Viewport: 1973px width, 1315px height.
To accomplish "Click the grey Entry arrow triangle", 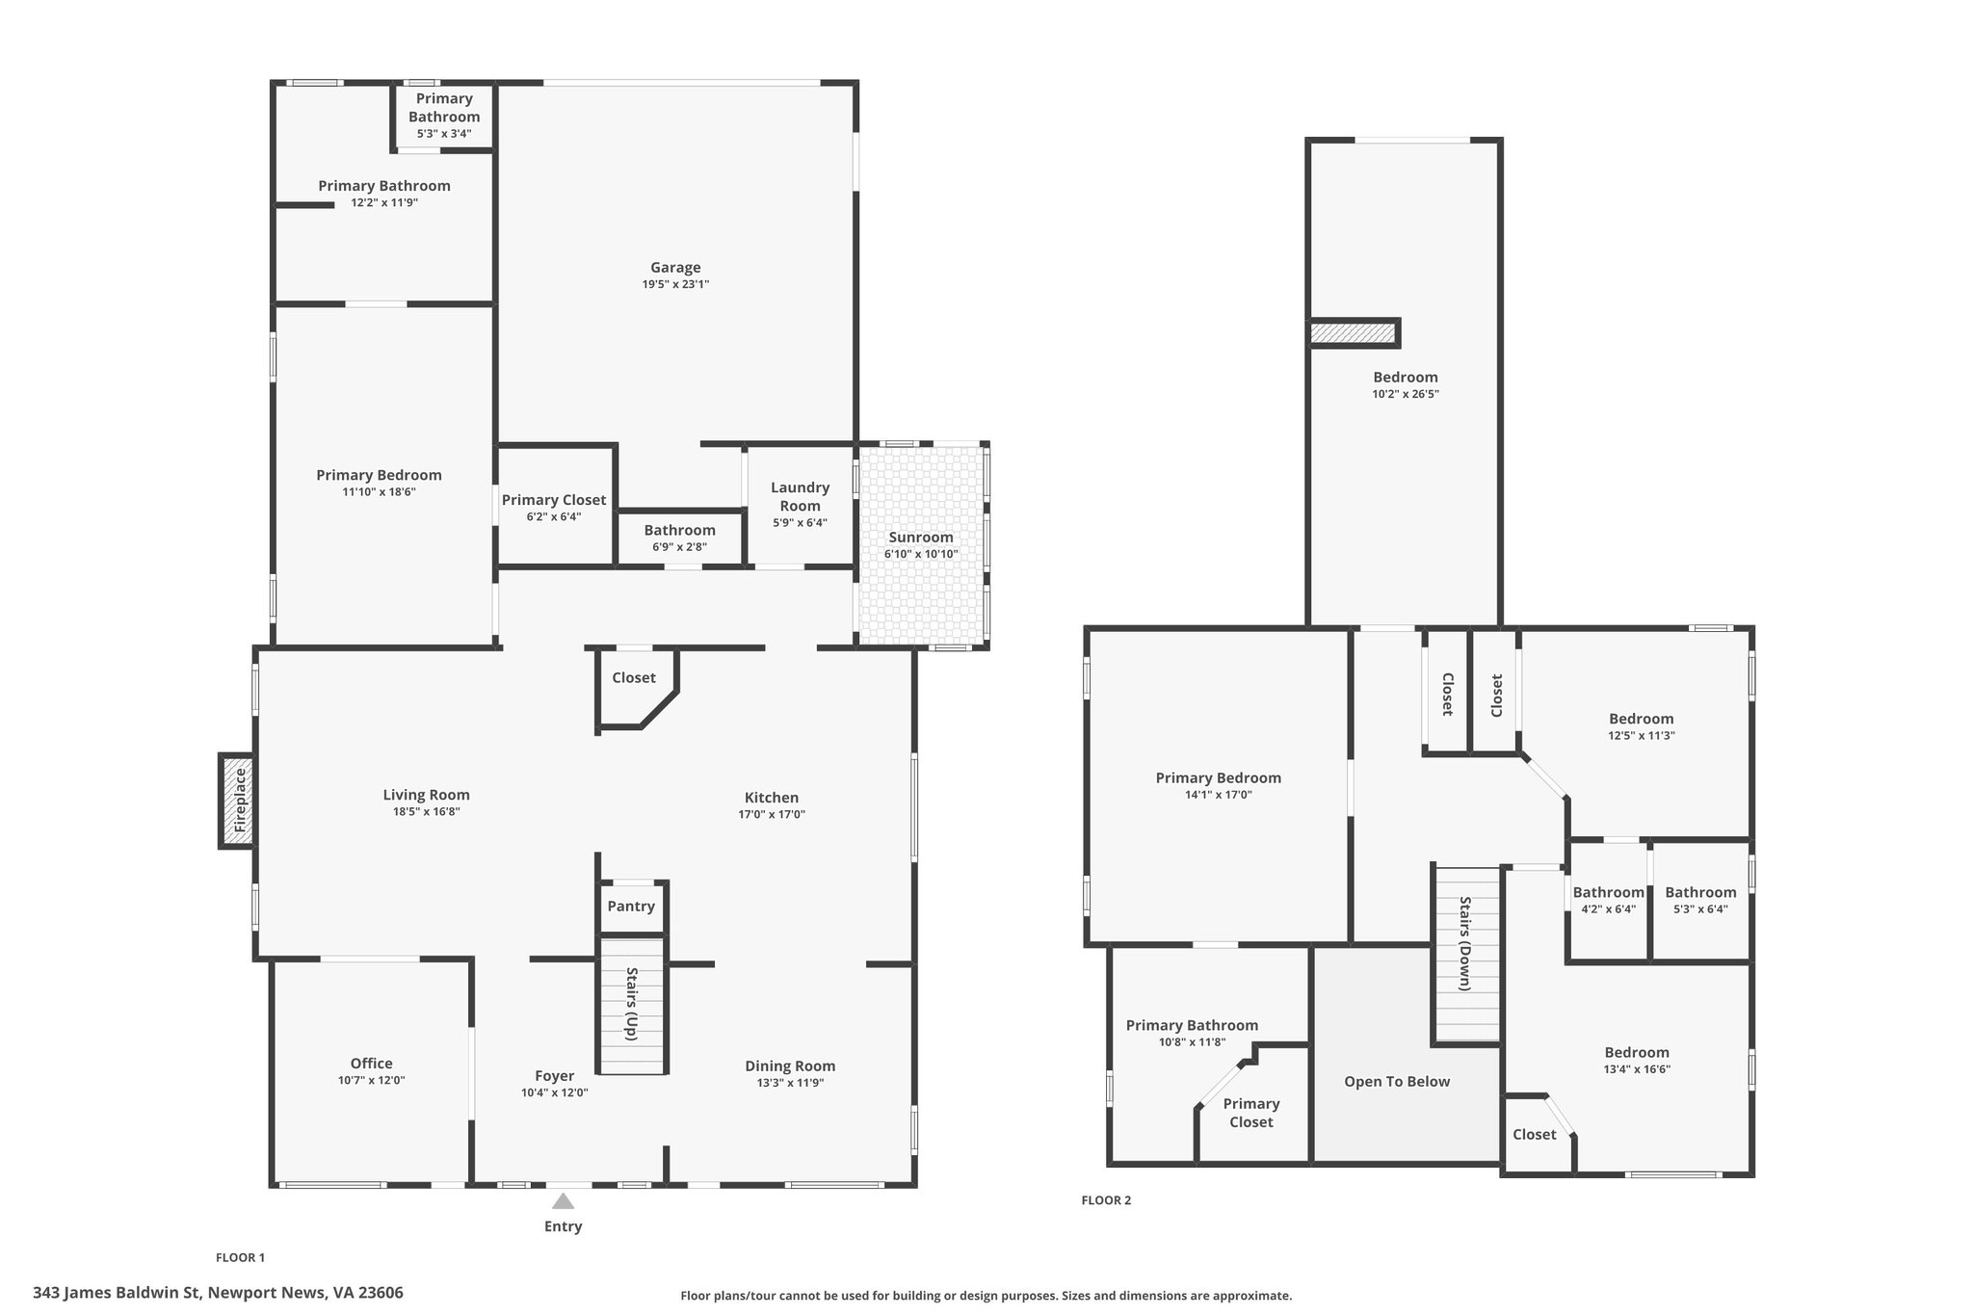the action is tap(564, 1200).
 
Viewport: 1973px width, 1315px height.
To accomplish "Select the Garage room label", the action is tap(675, 268).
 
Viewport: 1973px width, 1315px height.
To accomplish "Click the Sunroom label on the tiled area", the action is tap(921, 538).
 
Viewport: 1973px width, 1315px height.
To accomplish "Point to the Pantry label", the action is tap(631, 906).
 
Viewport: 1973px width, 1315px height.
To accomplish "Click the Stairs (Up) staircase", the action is tap(632, 1004).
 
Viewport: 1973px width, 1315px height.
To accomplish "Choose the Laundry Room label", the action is tap(800, 496).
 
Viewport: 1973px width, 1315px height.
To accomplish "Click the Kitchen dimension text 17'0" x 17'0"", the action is tap(772, 815).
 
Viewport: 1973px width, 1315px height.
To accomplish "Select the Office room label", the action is tap(371, 1064).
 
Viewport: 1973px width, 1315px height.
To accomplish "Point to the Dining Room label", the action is tap(790, 1065).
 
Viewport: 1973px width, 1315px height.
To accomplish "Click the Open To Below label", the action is tap(1397, 1081).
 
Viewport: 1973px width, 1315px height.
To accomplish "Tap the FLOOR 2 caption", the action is tap(1106, 1200).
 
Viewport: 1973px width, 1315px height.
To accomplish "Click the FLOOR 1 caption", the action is tap(240, 1257).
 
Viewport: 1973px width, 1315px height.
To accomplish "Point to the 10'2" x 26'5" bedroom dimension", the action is tap(1406, 394).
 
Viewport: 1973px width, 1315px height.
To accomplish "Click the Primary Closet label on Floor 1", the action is tap(554, 500).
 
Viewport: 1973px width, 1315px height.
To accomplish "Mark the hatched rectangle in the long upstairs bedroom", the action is tap(1353, 332).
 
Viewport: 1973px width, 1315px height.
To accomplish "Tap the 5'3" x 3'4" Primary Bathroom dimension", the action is tap(444, 134).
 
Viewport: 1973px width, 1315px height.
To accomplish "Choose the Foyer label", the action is tap(554, 1076).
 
